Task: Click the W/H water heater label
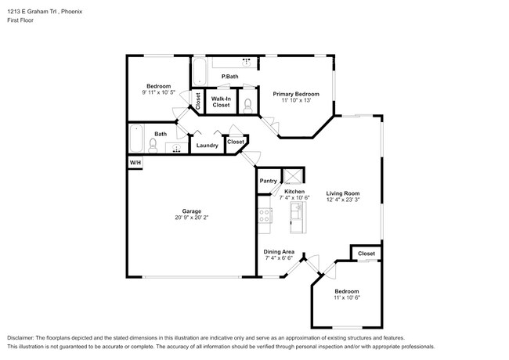tap(135, 162)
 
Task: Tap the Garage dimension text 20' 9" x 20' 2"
tap(192, 217)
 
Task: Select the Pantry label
tap(269, 181)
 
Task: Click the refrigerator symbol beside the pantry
tap(293, 178)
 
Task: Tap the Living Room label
tap(342, 193)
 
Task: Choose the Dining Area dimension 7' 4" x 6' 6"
tap(279, 257)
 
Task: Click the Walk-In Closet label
tap(221, 101)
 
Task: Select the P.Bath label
tap(229, 76)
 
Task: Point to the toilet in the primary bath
tap(247, 103)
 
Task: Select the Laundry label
tap(207, 145)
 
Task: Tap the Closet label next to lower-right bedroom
tap(366, 254)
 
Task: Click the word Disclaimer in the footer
tap(23, 337)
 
